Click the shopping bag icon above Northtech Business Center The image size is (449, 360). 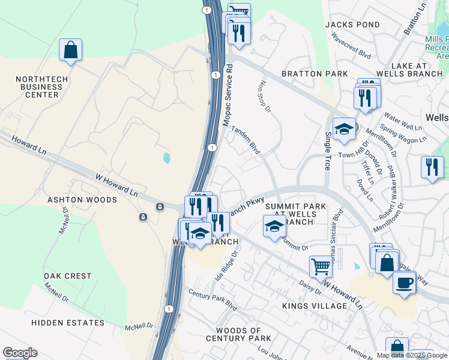point(70,50)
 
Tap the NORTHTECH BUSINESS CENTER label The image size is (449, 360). point(38,87)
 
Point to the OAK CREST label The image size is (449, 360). point(68,276)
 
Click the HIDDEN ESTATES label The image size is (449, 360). point(68,323)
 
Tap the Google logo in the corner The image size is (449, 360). point(20,353)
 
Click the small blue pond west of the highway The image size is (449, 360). point(166,158)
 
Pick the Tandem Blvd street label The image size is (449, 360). point(246,140)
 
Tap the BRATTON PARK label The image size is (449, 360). point(315,74)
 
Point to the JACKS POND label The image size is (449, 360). point(352,25)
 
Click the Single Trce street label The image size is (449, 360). point(328,151)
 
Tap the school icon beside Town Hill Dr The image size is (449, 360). point(344,129)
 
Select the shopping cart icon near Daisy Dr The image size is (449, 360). point(321,266)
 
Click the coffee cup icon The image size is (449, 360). point(404,281)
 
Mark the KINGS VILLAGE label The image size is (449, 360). point(315,306)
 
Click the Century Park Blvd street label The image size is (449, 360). point(212,298)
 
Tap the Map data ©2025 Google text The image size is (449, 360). point(411,355)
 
